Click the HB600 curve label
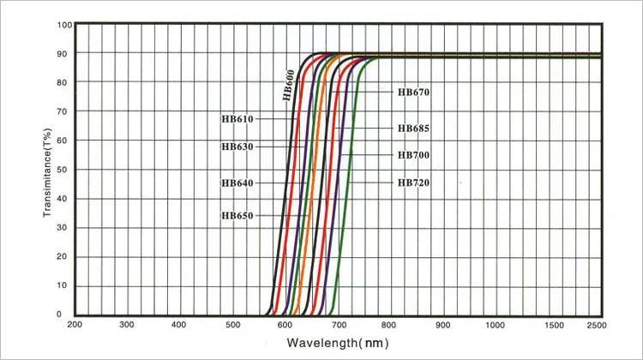290,86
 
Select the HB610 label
237,119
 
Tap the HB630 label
237,147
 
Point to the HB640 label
237,183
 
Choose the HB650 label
237,216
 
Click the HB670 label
413,93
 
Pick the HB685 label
413,129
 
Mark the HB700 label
413,155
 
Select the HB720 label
413,183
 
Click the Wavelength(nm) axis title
339,344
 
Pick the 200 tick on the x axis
75,326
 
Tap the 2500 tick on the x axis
597,326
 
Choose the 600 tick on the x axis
284,326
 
